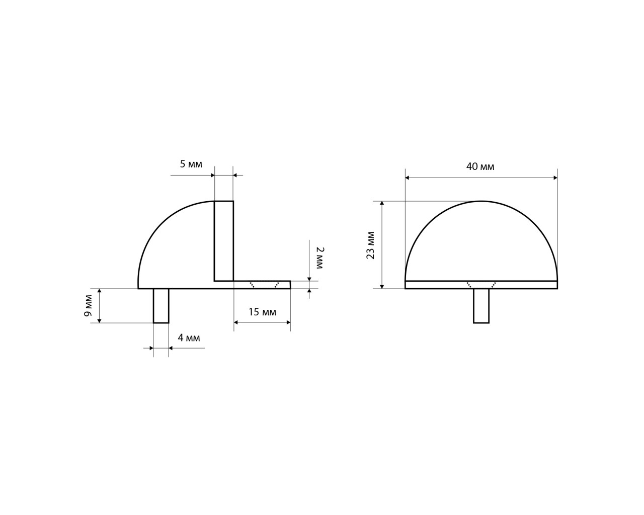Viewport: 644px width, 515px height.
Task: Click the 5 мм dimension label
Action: coord(191,164)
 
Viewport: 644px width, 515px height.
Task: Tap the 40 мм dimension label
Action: coord(480,166)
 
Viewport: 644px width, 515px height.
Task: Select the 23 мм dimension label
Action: coord(370,245)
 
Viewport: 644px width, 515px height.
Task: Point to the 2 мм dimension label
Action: coord(320,258)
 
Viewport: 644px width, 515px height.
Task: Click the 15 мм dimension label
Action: coord(263,312)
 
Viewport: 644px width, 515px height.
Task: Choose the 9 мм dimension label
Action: coord(88,305)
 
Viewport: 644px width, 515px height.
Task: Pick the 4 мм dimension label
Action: coord(189,338)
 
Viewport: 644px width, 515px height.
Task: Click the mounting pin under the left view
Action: coord(161,306)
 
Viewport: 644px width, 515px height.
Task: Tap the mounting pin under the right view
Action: coord(481,306)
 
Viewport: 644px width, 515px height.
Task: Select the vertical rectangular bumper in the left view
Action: coord(224,241)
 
